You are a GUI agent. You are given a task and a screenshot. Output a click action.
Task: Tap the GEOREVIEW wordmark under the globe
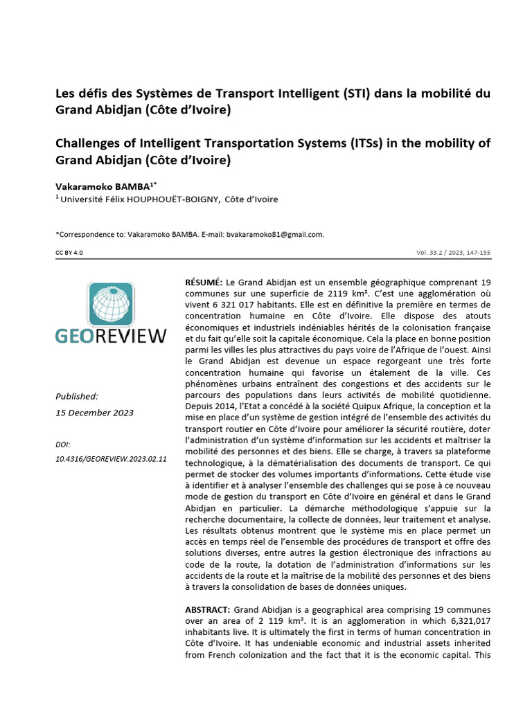(111, 336)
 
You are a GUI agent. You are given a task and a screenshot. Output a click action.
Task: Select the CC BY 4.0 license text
(69, 253)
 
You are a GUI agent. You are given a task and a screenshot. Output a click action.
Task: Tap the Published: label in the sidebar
(76, 396)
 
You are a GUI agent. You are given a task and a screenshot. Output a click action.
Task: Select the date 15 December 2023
(94, 413)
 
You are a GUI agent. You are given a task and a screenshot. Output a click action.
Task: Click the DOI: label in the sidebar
(62, 444)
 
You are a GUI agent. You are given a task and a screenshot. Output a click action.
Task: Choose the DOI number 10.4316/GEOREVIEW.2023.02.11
(111, 459)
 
